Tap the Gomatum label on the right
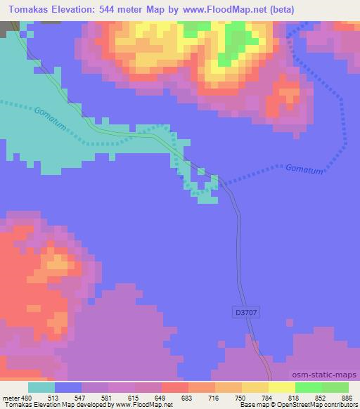coord(304,169)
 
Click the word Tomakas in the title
coord(31,8)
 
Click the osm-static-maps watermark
coord(324,375)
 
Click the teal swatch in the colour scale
coord(41,387)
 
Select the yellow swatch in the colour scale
coord(281,387)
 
